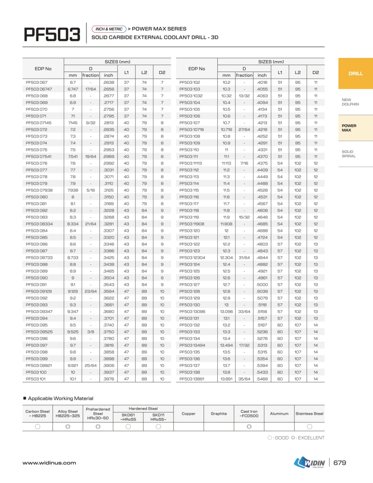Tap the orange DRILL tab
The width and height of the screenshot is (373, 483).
click(x=355, y=74)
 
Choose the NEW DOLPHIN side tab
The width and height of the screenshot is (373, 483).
click(x=350, y=102)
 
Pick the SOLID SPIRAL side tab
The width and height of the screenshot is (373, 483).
click(x=348, y=154)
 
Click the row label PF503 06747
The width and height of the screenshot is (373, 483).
click(x=39, y=89)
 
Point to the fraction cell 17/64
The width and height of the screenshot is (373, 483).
click(x=91, y=89)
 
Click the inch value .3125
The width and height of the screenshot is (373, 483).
click(x=109, y=190)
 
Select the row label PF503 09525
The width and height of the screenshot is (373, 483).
click(x=39, y=332)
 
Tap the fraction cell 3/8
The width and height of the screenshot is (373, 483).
click(x=91, y=332)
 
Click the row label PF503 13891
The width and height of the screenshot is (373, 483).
click(x=192, y=379)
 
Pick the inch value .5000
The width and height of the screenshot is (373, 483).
click(x=262, y=285)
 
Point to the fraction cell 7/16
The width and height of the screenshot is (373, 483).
click(x=244, y=163)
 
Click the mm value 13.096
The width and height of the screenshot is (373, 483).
click(x=227, y=312)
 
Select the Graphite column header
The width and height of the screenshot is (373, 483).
click(x=218, y=414)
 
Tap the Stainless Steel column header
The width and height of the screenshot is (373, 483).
click(x=309, y=414)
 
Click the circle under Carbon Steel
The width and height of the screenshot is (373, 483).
click(x=37, y=427)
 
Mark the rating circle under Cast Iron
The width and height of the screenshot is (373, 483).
click(x=249, y=427)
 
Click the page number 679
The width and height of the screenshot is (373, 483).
click(x=340, y=463)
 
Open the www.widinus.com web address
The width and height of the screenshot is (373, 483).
click(x=49, y=463)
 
